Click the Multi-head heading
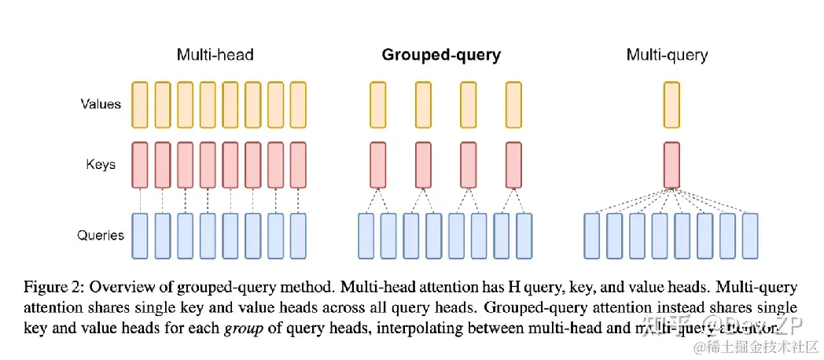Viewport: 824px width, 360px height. click(x=215, y=55)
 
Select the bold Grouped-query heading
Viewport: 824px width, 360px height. click(x=441, y=55)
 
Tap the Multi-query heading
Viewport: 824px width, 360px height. click(x=667, y=55)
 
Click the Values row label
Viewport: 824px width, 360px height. click(x=101, y=103)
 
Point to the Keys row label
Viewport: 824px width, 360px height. click(x=101, y=164)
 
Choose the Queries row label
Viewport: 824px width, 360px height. click(x=101, y=234)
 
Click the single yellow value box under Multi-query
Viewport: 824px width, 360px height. click(x=671, y=104)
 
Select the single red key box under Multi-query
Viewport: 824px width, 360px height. click(x=671, y=165)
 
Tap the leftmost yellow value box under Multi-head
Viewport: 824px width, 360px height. click(x=140, y=104)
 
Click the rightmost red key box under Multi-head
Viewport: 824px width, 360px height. click(x=298, y=165)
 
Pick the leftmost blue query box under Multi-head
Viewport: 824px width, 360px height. click(x=140, y=235)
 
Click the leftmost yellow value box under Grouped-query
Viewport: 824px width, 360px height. click(x=377, y=104)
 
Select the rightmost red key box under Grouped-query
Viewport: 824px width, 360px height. click(x=514, y=165)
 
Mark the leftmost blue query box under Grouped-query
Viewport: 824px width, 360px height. click(x=366, y=235)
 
